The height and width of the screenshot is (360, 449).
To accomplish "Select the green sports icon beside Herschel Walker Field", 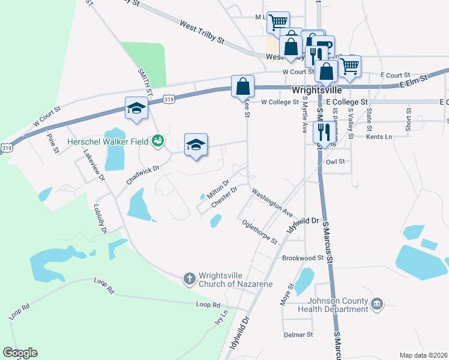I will (158, 142).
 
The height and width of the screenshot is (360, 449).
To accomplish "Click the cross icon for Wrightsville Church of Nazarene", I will (188, 278).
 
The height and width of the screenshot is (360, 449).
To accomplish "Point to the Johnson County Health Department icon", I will (377, 304).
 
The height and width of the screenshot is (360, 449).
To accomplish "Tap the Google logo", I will (20, 353).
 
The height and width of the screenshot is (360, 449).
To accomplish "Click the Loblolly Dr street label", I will (100, 219).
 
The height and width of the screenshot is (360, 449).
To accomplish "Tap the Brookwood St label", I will (303, 258).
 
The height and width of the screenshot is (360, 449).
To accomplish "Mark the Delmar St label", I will (298, 334).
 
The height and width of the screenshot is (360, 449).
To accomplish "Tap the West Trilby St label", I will (201, 32).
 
